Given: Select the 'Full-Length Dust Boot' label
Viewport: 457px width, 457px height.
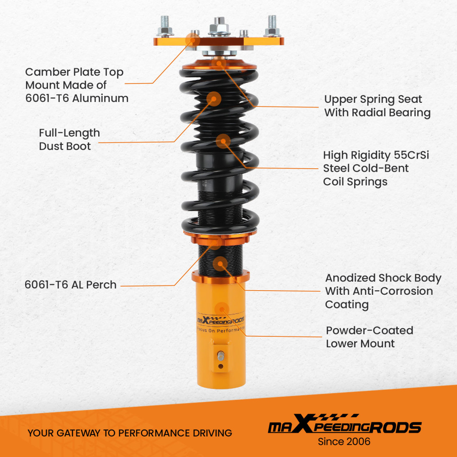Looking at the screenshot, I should [69, 139].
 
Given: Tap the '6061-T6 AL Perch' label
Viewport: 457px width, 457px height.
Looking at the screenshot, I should [70, 285].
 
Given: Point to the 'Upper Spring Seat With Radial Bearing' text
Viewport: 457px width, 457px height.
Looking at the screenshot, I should [377, 106].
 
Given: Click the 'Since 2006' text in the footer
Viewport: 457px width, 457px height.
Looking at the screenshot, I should [344, 442].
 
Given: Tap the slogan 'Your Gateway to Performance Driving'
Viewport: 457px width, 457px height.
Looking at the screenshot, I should [129, 433].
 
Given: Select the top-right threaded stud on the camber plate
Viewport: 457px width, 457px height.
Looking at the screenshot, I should [272, 25].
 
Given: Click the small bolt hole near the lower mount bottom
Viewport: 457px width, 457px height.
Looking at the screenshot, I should [221, 366].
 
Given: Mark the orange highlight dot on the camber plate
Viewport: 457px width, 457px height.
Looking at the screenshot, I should [191, 40].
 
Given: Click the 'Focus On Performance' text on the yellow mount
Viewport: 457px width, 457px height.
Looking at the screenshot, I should [221, 329].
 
